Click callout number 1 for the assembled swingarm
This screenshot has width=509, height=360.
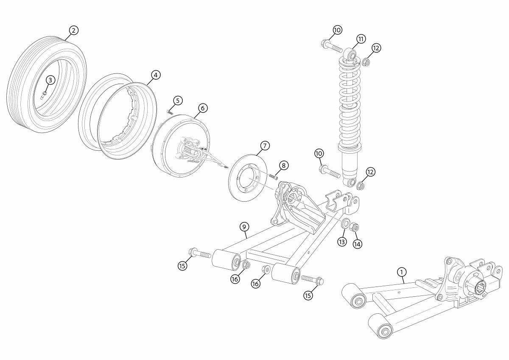[x=401, y=271]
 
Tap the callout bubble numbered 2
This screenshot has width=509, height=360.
[x=73, y=30]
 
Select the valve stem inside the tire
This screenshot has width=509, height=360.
[x=43, y=94]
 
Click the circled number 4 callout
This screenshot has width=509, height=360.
[x=156, y=75]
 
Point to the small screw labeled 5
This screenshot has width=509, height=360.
[x=169, y=112]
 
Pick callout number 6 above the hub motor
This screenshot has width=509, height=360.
[x=202, y=108]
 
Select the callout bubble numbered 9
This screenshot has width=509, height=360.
[x=244, y=227]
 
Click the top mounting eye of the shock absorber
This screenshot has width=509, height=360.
[x=351, y=54]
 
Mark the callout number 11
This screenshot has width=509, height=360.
[x=361, y=39]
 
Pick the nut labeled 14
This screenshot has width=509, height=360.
[x=355, y=227]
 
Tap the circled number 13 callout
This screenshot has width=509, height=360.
[x=342, y=242]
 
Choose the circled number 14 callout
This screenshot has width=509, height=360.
[x=358, y=244]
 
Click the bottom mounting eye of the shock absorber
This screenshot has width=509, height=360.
[x=351, y=183]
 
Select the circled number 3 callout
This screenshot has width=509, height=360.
[x=50, y=80]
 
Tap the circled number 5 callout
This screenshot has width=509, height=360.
[x=177, y=101]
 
